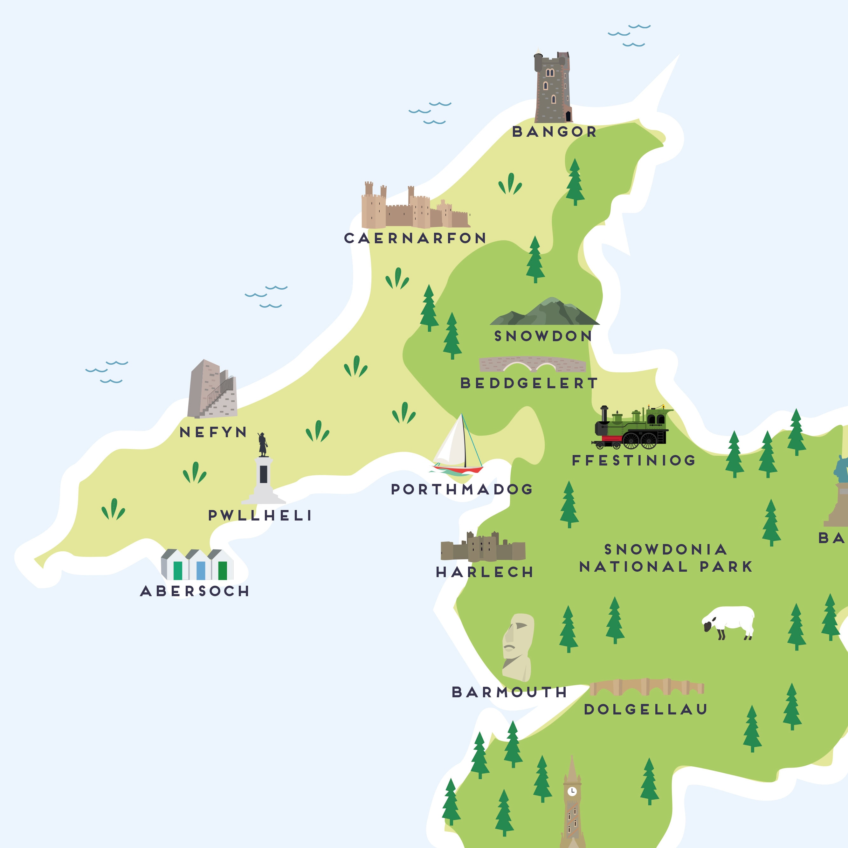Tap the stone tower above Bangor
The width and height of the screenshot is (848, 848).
coord(553,88)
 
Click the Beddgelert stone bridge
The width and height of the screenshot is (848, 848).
coord(532,364)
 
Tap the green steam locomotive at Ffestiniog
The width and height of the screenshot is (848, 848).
coord(632,428)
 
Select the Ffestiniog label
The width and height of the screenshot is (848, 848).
coord(634,460)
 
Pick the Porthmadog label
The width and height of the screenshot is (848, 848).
coord(462,489)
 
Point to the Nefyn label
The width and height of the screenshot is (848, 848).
coord(213,432)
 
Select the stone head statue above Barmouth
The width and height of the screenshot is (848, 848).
coord(518,647)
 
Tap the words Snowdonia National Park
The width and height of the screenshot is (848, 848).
coord(665,558)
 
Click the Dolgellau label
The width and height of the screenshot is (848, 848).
coord(645,709)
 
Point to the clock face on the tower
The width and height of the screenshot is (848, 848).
coord(572,791)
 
